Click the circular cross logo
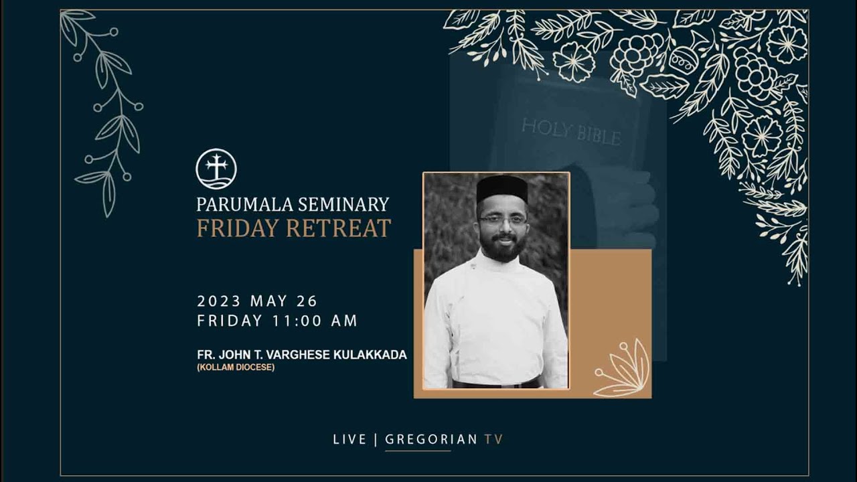[216, 169]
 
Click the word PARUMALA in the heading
[236, 204]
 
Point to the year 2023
[219, 301]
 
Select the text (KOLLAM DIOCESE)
[236, 368]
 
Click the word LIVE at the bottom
[349, 440]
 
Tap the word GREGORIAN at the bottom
[431, 440]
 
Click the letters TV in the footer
[493, 440]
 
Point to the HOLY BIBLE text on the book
[570, 131]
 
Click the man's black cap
[502, 188]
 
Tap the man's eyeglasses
[502, 220]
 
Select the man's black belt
[496, 384]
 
